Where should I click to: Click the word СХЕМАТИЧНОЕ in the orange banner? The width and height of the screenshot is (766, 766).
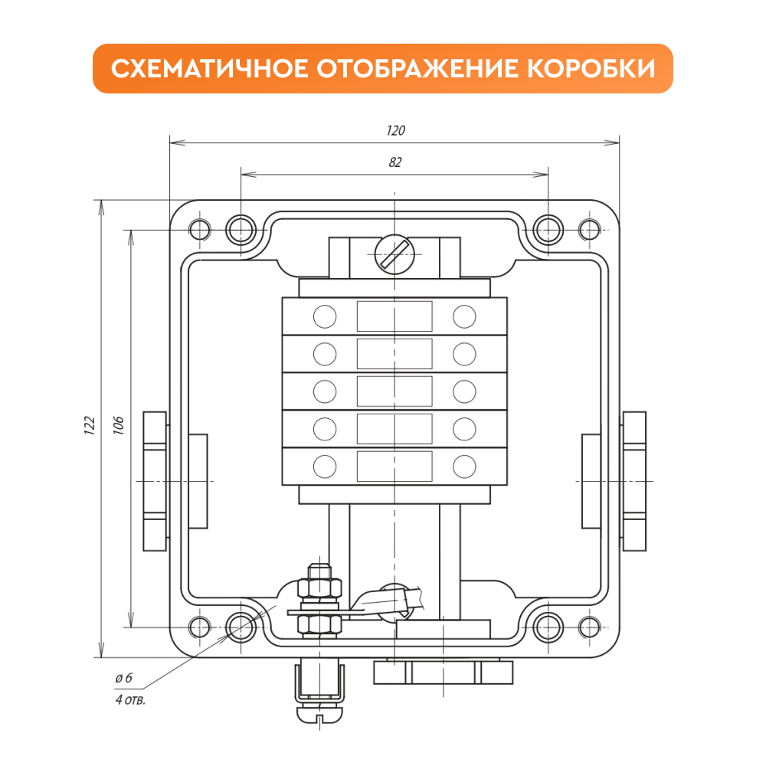pyautogui.click(x=209, y=68)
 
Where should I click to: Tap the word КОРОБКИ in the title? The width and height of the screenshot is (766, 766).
pyautogui.click(x=591, y=68)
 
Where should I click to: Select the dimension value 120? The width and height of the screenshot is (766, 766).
pyautogui.click(x=395, y=130)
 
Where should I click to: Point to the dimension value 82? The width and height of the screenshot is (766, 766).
pyautogui.click(x=394, y=162)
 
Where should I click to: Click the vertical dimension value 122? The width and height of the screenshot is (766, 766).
pyautogui.click(x=90, y=425)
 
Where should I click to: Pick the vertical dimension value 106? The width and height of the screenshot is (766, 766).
pyautogui.click(x=118, y=425)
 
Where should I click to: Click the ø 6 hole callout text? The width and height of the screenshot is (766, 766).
pyautogui.click(x=123, y=678)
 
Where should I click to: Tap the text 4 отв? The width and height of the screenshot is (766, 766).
pyautogui.click(x=130, y=699)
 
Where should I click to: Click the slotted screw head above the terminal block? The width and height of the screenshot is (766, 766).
pyautogui.click(x=394, y=254)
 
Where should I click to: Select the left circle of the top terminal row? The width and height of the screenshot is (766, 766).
pyautogui.click(x=324, y=316)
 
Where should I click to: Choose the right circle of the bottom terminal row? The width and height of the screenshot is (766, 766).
pyautogui.click(x=464, y=466)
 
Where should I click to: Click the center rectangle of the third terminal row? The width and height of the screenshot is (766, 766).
pyautogui.click(x=394, y=391)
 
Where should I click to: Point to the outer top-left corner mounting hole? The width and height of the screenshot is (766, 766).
pyautogui.click(x=200, y=230)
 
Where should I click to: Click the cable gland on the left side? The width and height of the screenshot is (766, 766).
pyautogui.click(x=155, y=481)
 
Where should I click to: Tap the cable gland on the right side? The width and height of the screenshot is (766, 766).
pyautogui.click(x=634, y=481)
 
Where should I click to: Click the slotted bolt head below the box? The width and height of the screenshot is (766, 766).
pyautogui.click(x=319, y=714)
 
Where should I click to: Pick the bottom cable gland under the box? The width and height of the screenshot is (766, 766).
pyautogui.click(x=443, y=672)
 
